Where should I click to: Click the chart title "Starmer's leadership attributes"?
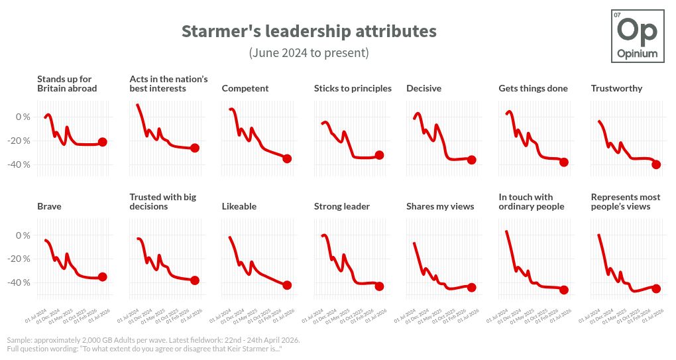[309, 31]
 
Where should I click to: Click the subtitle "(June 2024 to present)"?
[309, 52]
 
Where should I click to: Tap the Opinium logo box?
[637, 36]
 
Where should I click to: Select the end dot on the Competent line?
[287, 158]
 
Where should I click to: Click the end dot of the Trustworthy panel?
[656, 164]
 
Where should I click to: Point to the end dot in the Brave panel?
[103, 277]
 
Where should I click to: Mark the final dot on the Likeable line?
[287, 285]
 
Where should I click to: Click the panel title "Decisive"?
[423, 88]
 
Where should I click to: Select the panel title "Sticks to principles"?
[353, 88]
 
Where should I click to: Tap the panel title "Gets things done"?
[533, 88]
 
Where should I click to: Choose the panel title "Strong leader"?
[342, 206]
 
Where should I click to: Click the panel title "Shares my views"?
[440, 206]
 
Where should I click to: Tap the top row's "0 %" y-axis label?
[23, 117]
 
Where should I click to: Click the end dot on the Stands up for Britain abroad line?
[103, 142]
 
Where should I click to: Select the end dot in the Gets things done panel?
[564, 162]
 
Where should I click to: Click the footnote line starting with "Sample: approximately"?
[153, 339]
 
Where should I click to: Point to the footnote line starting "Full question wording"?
[144, 348]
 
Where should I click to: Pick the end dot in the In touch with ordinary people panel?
[564, 290]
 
